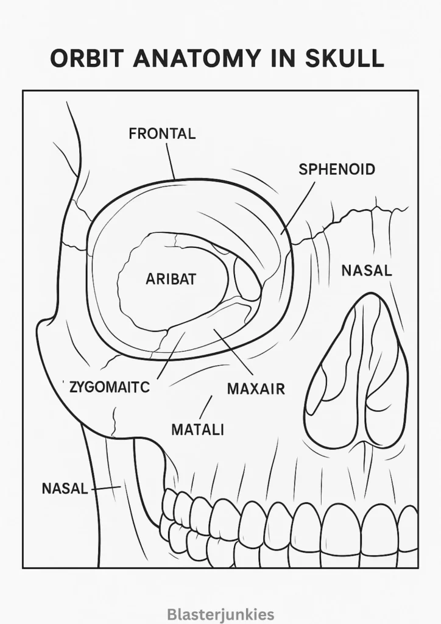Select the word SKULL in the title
pos(345,58)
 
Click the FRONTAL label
pos(162,133)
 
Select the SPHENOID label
pos(337,169)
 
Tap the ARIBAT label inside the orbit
pos(171,279)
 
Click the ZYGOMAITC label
pos(110,387)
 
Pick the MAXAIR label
pos(256,389)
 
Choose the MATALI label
pos(197,430)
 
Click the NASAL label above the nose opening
pos(367,271)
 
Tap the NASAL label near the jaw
pos(65,488)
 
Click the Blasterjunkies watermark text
pos(220,614)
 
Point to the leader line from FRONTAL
pos(171,161)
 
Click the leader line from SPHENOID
pos(298,208)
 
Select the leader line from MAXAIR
pos(233,352)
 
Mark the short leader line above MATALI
pos(206,406)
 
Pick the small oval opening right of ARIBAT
pos(247,277)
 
